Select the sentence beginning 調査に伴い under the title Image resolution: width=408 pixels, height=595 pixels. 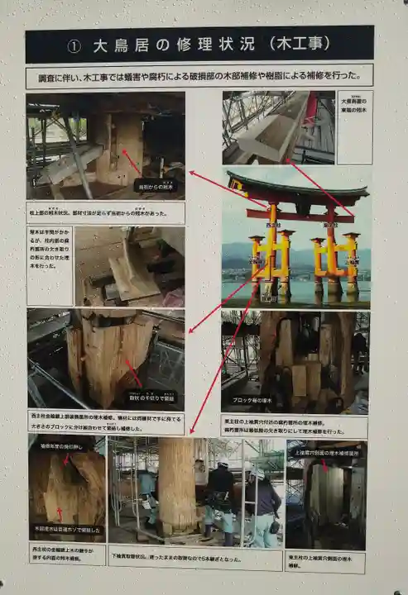pos(199,76)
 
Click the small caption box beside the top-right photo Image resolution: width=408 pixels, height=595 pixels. pos(354,126)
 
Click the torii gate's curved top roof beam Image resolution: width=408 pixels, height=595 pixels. pos(296,191)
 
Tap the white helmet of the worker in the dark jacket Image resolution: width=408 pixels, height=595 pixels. pos(222,464)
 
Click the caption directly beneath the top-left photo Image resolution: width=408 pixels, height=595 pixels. pos(105,211)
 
